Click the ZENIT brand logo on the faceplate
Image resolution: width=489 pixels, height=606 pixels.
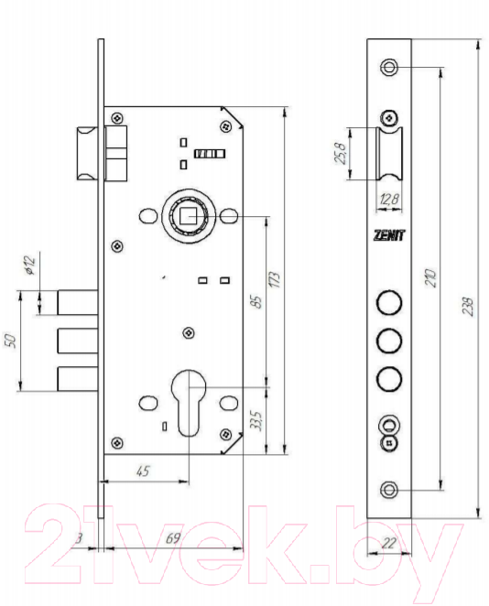coord(389,235)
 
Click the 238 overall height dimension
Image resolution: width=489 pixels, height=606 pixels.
coord(468,307)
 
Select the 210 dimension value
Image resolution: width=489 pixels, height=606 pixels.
coord(430,277)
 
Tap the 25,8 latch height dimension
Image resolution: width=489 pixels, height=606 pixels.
coord(340,153)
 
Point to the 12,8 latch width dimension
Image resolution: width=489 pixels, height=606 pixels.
coord(389,200)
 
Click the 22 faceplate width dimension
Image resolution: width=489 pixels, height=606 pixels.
coord(388,543)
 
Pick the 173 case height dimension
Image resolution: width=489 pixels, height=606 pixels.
coord(274,279)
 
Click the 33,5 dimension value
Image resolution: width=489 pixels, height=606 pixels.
coord(255,420)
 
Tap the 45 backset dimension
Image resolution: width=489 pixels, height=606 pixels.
coord(143,471)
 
